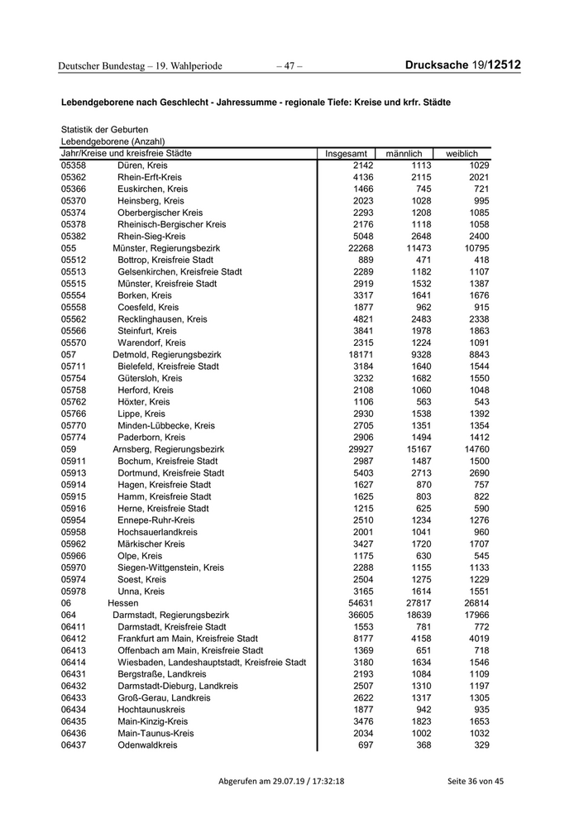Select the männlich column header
pos(404,154)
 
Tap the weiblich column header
pos(462,154)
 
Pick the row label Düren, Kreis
pos(142,165)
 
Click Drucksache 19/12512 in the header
pos(463,65)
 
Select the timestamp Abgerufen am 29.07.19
pos(281,782)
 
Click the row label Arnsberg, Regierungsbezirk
pos(169,449)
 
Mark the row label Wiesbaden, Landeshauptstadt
pos(212,663)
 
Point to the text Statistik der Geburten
pos(105,130)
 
